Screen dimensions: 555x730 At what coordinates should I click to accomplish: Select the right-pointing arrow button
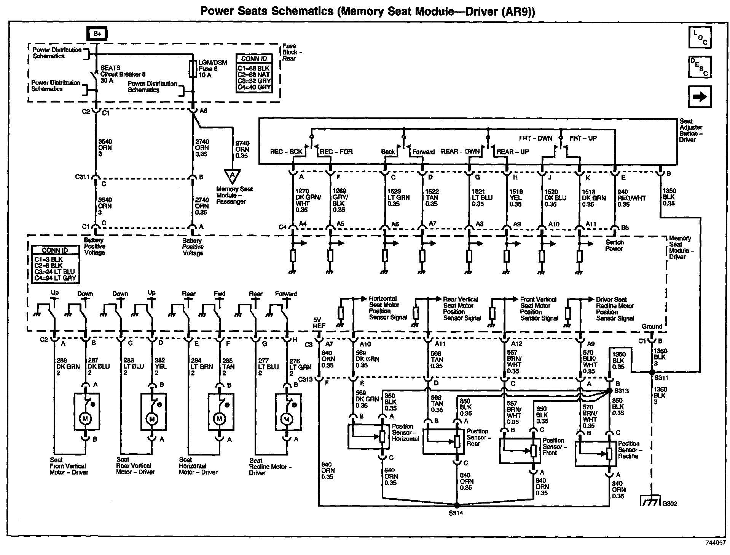(700, 97)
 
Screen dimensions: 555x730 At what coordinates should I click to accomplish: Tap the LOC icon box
(700, 37)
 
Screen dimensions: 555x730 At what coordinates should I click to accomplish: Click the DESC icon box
(700, 67)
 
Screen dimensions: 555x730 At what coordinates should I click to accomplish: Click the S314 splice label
(456, 513)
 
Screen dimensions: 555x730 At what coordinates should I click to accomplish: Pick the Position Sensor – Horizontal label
(405, 433)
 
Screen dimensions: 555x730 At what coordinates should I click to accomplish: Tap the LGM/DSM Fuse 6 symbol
(193, 69)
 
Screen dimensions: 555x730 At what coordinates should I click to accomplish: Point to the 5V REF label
(319, 323)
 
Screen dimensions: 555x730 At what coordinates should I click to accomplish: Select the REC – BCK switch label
(286, 151)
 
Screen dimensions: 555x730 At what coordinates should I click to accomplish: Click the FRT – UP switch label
(583, 138)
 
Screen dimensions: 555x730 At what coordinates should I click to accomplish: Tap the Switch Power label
(614, 245)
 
